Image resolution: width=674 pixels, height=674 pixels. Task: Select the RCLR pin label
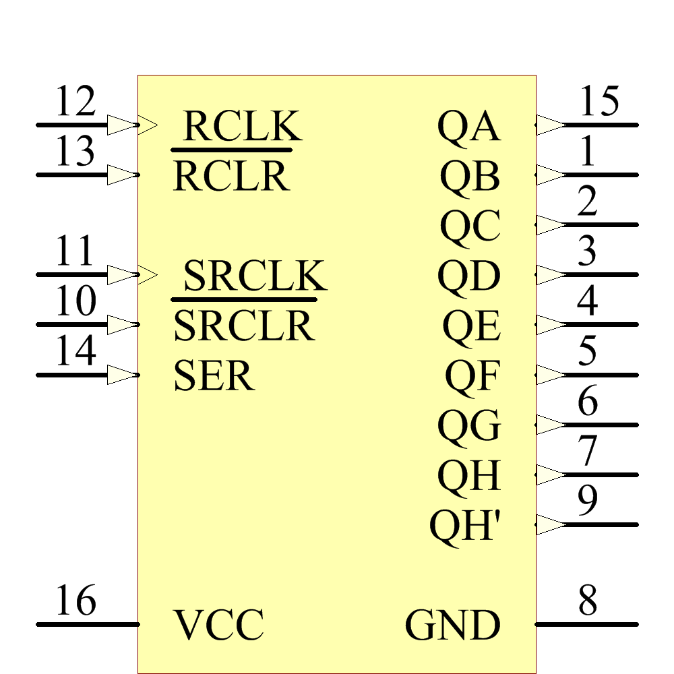point(231,177)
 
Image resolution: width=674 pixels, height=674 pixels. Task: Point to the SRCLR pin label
point(244,326)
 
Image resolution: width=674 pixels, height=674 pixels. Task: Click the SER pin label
point(214,376)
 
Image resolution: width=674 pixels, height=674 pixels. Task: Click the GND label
point(453,625)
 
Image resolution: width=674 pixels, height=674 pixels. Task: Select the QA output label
point(469,126)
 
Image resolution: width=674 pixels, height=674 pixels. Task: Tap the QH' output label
point(465,526)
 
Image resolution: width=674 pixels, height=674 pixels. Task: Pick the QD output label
point(469,276)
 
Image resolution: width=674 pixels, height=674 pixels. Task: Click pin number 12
point(75,102)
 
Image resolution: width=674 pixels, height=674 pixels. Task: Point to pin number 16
point(75,601)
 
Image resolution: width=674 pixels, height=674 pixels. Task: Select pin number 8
point(588,601)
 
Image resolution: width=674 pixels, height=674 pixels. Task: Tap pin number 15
point(599,102)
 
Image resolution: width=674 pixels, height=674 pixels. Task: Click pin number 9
point(588,500)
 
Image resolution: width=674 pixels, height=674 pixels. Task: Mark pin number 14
point(75,352)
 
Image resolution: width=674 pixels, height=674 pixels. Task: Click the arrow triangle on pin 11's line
point(123,274)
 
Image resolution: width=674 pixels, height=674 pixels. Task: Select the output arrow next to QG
point(551,425)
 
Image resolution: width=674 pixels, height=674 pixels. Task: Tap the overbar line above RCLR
point(231,150)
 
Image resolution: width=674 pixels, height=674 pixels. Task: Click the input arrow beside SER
point(123,375)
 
